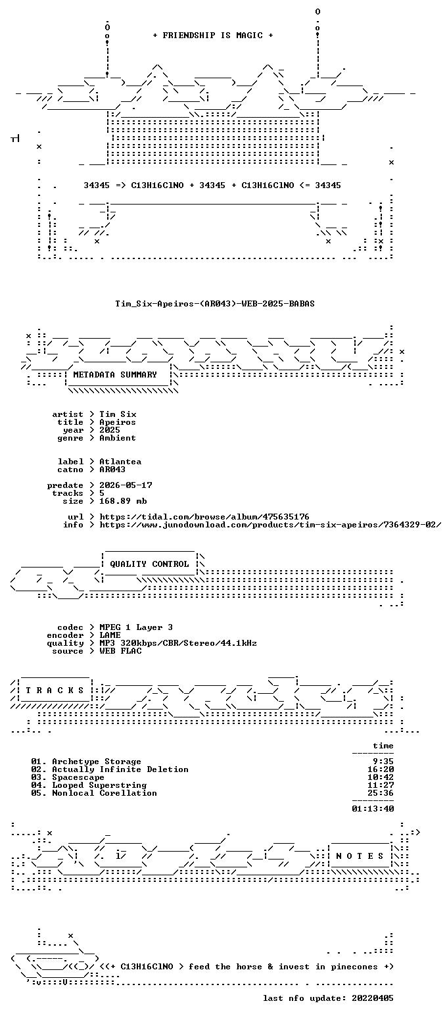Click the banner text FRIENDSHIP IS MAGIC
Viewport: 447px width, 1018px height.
pos(212,36)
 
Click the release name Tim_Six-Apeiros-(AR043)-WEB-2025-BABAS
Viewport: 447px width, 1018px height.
pos(215,304)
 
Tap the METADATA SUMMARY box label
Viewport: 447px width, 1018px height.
pos(115,374)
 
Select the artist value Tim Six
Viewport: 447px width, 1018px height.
pos(118,414)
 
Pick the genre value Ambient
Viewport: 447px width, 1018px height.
pos(118,438)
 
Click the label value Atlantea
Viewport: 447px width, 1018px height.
pos(120,461)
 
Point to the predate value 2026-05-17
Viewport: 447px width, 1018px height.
pos(126,485)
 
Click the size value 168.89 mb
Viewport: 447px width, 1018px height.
pos(123,501)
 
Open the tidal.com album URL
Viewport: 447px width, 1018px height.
pos(204,517)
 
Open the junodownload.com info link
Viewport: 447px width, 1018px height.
pos(270,524)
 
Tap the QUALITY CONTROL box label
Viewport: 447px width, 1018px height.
pos(149,564)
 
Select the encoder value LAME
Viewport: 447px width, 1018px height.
pos(110,635)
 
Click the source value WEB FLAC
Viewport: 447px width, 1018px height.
pos(120,651)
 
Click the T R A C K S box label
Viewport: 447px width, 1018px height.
pos(55,691)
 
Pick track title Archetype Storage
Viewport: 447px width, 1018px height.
pos(97,762)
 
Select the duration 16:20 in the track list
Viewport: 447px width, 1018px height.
pos(381,769)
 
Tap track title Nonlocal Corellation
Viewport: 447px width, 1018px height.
pos(105,792)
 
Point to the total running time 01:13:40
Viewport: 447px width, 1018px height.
pos(373,808)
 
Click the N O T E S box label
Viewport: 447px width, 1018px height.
pos(360,856)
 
